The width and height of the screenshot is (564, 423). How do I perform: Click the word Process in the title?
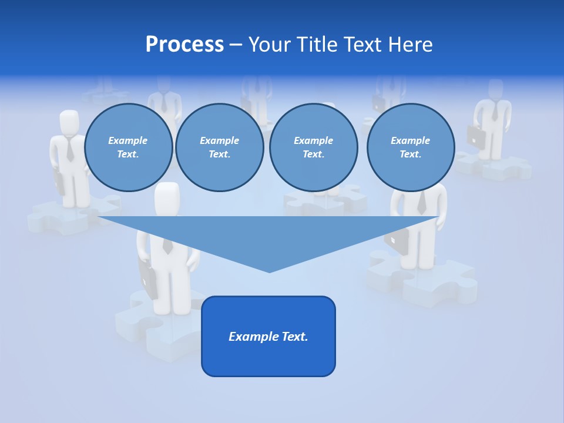coord(184,45)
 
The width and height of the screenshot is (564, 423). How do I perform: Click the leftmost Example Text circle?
coord(128,147)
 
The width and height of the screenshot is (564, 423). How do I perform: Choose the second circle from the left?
coord(220,147)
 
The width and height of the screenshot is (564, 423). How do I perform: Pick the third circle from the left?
coord(313,147)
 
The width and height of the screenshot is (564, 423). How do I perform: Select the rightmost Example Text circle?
coord(411,147)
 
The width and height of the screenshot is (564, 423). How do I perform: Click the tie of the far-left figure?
coord(70,150)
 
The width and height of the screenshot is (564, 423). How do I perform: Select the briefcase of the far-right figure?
coord(476,136)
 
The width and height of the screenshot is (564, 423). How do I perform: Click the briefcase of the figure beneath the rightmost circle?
coord(397,241)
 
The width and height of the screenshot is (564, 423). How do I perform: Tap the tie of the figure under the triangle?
coord(167,246)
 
